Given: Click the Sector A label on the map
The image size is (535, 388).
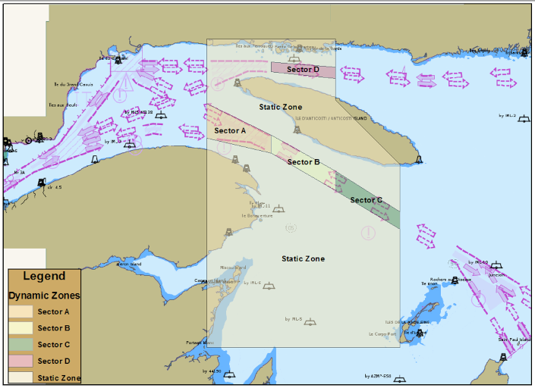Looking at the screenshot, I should coord(230,131).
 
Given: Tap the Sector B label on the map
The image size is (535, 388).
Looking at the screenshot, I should coord(303,162).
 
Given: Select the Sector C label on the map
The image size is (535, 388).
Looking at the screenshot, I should coord(365,201).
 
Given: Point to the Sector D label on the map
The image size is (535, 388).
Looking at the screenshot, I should coord(303,70).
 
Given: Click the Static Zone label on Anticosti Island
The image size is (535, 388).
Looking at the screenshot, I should coord(281,108).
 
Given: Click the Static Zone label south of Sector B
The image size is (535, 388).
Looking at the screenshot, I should coord(303,259).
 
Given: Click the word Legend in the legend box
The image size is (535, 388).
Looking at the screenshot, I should coord(44,277).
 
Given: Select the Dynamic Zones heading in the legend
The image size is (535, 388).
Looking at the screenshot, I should coord(44,296).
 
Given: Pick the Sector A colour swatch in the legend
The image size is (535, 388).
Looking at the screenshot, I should coord(20,311).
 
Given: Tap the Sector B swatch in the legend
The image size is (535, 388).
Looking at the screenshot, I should coord(20,328).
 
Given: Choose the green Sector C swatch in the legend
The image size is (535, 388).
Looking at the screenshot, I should coord(20,345).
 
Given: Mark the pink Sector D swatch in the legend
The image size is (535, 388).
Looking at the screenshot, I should coord(20,361).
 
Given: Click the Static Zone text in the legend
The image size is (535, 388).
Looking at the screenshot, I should coord(59,377).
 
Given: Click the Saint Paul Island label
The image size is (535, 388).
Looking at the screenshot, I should coord(515,339).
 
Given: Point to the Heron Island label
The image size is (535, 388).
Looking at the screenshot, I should coord(129,264).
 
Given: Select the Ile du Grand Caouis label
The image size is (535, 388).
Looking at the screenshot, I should coord(73,84).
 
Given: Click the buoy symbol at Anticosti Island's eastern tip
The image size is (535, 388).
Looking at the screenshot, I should coord(418,159).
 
